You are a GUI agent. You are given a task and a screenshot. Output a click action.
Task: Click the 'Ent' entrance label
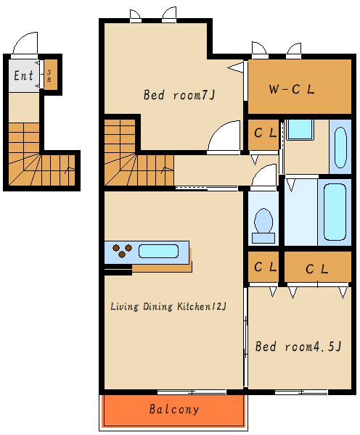(24, 75)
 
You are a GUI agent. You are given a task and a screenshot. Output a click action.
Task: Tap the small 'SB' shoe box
(51, 75)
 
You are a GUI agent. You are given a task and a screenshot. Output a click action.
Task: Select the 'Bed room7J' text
(179, 95)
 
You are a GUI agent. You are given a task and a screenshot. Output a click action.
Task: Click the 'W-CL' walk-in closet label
(291, 89)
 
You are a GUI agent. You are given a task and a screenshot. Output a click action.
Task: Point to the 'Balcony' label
(174, 409)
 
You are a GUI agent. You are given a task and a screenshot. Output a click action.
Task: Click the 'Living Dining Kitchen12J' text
(168, 307)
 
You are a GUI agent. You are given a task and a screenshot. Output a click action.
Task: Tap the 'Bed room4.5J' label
(298, 347)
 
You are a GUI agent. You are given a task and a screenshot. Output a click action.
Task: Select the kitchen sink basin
(159, 251)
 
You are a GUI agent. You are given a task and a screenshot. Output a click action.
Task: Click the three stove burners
(122, 250)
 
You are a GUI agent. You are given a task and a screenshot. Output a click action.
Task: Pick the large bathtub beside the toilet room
(335, 212)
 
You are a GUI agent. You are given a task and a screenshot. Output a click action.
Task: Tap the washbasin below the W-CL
(340, 147)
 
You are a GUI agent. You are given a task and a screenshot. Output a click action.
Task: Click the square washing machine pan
(300, 129)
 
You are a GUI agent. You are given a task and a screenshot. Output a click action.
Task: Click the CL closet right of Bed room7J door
(263, 135)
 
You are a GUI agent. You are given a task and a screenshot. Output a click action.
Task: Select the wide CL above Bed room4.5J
(318, 268)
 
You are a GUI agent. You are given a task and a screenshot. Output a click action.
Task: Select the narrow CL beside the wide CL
(263, 268)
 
